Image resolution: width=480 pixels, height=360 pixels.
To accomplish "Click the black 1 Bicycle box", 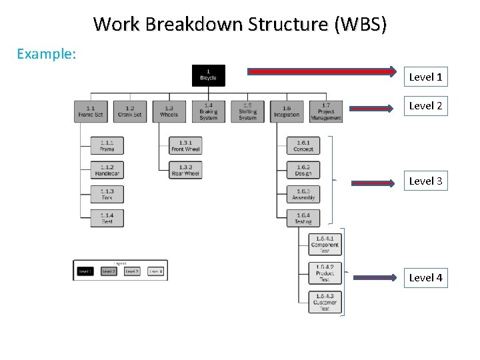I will [209, 75].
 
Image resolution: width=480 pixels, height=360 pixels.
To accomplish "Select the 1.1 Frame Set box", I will [91, 111].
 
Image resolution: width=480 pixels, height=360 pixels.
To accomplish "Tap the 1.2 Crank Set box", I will [129, 111].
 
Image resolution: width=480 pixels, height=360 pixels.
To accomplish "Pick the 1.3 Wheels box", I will [169, 111].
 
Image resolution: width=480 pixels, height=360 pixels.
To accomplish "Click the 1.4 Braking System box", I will [209, 111].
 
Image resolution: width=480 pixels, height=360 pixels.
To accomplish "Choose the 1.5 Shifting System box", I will [247, 111].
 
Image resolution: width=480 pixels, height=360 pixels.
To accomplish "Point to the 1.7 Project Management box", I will [326, 111].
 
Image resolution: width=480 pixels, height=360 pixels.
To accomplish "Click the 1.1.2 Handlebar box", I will [107, 170].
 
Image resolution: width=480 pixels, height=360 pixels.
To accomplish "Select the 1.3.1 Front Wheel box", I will [185, 145].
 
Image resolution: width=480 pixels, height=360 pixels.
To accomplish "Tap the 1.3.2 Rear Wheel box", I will [185, 170].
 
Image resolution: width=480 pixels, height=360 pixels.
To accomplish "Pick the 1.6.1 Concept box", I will [303, 145].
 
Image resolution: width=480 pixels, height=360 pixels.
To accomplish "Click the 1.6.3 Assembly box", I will [303, 194].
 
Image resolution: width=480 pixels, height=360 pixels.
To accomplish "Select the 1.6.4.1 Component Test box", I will [325, 243].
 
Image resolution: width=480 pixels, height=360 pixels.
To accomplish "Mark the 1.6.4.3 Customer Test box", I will [325, 302].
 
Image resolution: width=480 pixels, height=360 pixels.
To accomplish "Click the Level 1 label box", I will [425, 77].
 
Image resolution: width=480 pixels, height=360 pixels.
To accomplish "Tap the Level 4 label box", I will [425, 277].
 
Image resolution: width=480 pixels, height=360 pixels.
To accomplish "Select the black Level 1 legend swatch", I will [85, 271].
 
